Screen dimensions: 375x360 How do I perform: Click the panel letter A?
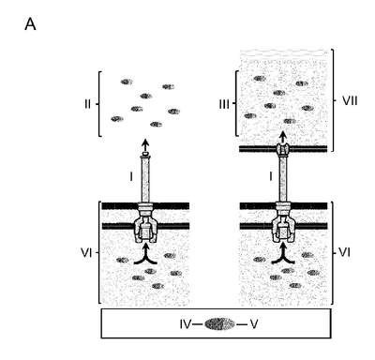(30, 24)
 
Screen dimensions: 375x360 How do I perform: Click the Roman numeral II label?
(87, 104)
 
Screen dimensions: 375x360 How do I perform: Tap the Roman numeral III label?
(224, 104)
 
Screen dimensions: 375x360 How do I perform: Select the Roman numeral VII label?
(350, 101)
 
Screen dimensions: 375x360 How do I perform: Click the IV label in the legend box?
(185, 324)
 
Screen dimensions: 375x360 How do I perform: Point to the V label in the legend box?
(254, 324)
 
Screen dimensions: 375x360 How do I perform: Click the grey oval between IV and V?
(220, 324)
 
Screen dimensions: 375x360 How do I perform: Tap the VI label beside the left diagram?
(86, 252)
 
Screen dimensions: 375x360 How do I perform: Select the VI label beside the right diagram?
(345, 252)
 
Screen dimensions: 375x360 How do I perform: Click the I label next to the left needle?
(131, 177)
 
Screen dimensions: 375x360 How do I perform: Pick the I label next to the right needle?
(271, 177)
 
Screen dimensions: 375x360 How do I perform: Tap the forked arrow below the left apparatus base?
(145, 254)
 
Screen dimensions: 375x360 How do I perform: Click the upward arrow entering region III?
(283, 137)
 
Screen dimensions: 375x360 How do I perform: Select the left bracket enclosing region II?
(99, 104)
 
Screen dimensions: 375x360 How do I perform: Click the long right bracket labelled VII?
(332, 100)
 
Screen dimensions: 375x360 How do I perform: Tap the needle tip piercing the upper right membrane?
(283, 149)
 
